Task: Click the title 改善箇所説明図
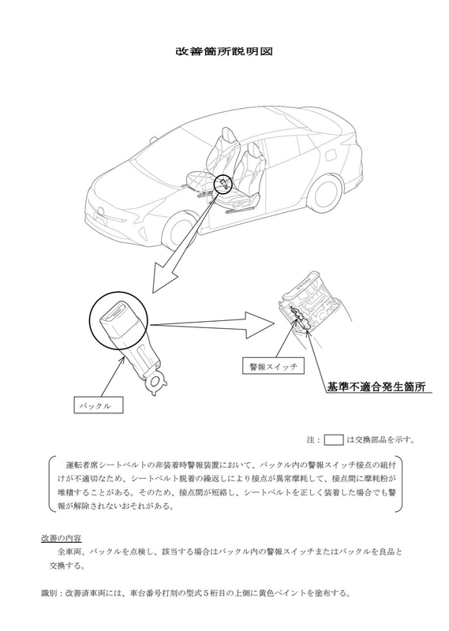(x=224, y=52)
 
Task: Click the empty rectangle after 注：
(x=334, y=439)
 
